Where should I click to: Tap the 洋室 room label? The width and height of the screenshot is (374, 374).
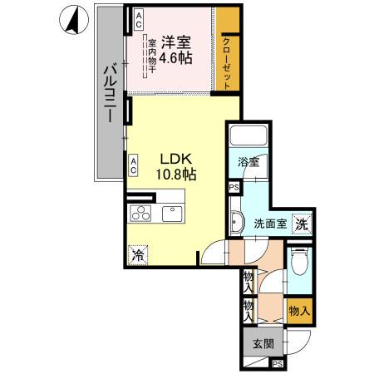pos(177,42)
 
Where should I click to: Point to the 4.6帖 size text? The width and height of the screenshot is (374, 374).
pos(177,58)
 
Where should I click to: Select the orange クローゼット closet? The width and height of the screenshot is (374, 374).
pos(229,50)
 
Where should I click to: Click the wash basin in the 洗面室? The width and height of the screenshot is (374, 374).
pos(237,222)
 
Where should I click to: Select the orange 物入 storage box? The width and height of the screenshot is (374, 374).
pos(300,310)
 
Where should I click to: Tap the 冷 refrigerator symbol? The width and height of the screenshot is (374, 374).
pos(138,256)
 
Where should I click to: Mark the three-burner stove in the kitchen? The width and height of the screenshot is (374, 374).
pos(140,213)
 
